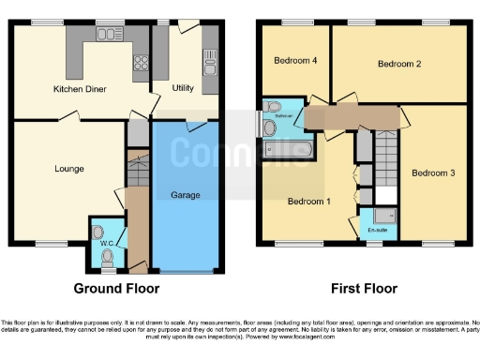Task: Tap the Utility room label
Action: pos(183,88)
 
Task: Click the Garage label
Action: pos(186,195)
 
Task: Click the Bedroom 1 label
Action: pos(308,201)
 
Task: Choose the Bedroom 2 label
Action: pos(398,64)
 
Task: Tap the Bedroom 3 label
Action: pos(434,172)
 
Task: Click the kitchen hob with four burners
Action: pos(142,63)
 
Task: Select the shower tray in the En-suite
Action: pos(386,217)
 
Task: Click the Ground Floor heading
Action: pos(117,289)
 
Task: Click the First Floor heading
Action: pos(363,289)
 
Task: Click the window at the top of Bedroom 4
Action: pos(298,22)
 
